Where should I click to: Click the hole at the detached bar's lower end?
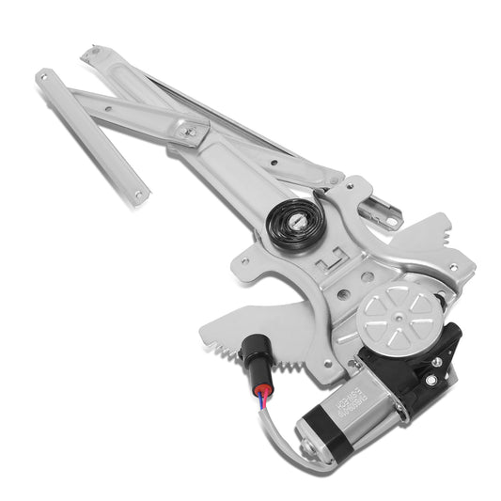coord(138,196)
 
